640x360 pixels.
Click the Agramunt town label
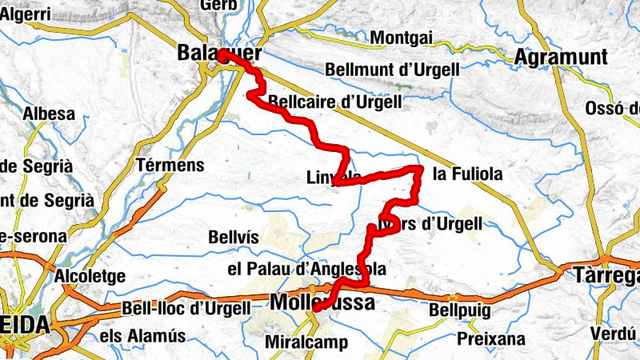[562, 58]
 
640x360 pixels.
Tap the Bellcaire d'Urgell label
[335, 102]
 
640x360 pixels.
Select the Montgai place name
[402, 38]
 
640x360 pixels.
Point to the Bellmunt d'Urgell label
[392, 70]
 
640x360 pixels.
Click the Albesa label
[50, 114]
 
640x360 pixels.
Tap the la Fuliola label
[467, 174]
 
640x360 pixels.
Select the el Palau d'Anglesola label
[307, 268]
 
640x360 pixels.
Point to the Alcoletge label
[90, 277]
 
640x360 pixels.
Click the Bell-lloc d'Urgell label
[186, 308]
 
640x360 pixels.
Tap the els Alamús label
[143, 336]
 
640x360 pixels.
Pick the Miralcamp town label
[306, 343]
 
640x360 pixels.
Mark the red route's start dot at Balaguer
[222, 57]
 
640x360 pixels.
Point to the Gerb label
[220, 5]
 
